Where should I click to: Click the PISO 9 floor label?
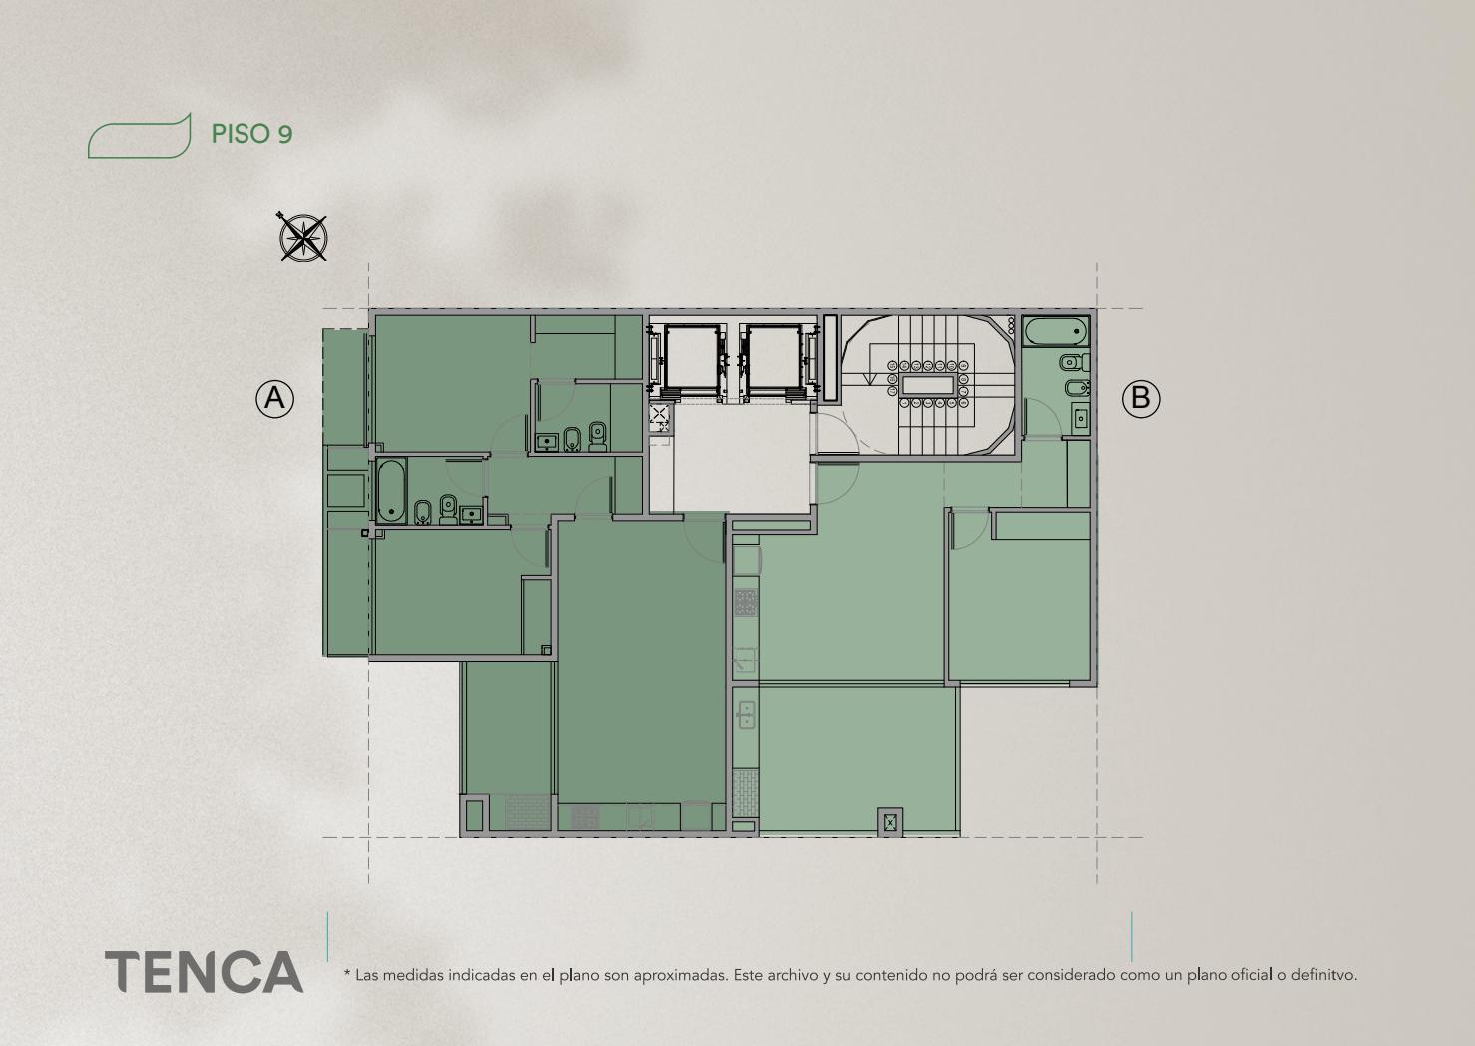[251, 134]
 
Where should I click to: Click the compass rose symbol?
[303, 236]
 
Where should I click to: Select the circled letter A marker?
[274, 398]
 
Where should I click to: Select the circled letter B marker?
[1141, 398]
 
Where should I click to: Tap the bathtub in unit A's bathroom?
[391, 491]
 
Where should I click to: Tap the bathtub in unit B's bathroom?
[1055, 331]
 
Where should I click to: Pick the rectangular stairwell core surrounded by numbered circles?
[928, 385]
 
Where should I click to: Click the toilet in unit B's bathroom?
[1075, 362]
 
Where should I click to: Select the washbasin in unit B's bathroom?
[1080, 417]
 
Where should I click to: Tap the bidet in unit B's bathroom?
[1077, 388]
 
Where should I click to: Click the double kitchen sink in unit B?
[746, 715]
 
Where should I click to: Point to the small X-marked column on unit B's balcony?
[890, 822]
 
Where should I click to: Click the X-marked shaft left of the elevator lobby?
[659, 414]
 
